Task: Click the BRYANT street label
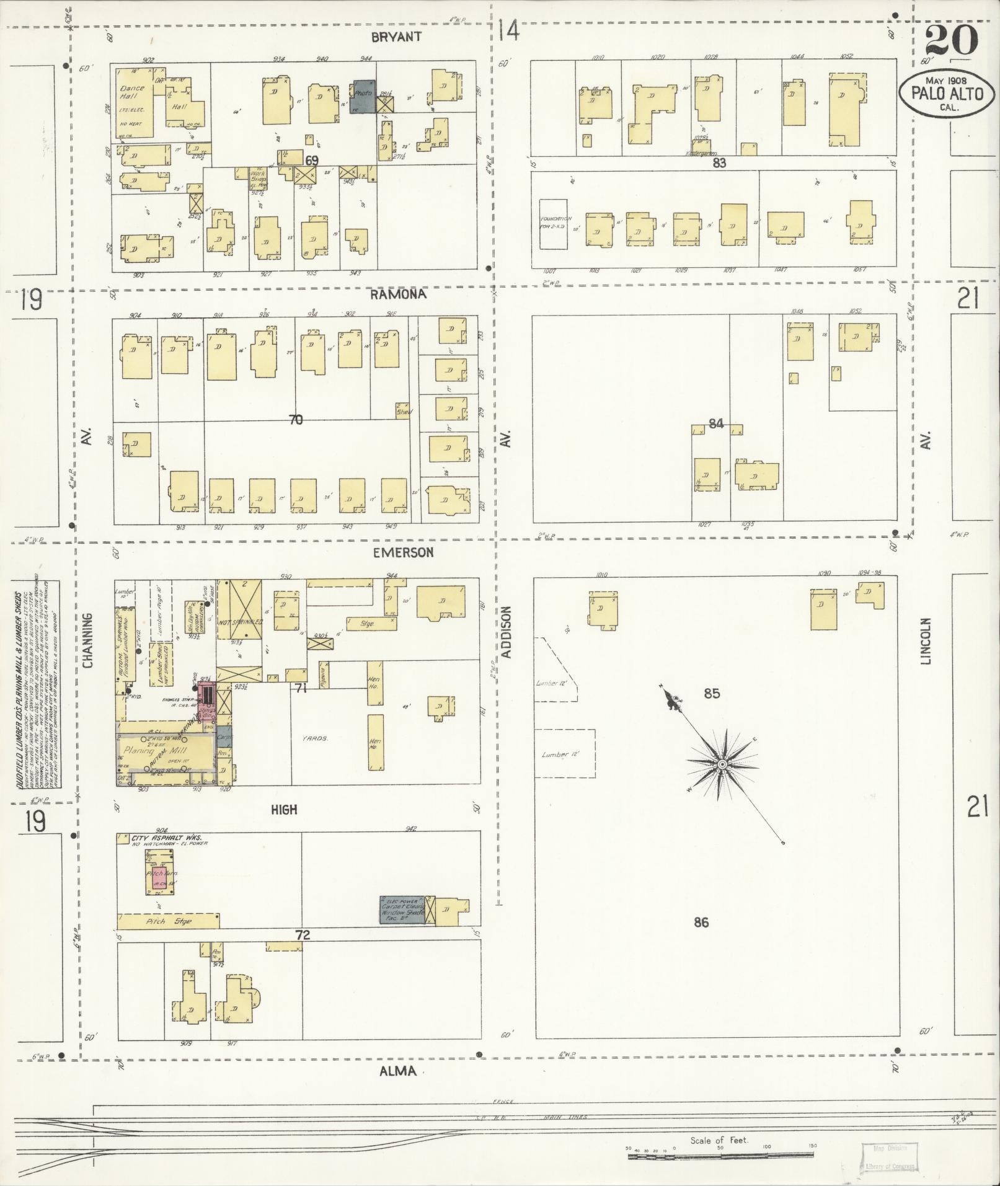396,37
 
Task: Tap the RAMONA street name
398,294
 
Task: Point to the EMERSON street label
403,552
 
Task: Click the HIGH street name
284,809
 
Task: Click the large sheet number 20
951,41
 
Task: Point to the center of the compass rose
722,765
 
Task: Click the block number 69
311,160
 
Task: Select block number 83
719,163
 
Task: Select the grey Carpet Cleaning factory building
402,910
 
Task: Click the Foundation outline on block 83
553,224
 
